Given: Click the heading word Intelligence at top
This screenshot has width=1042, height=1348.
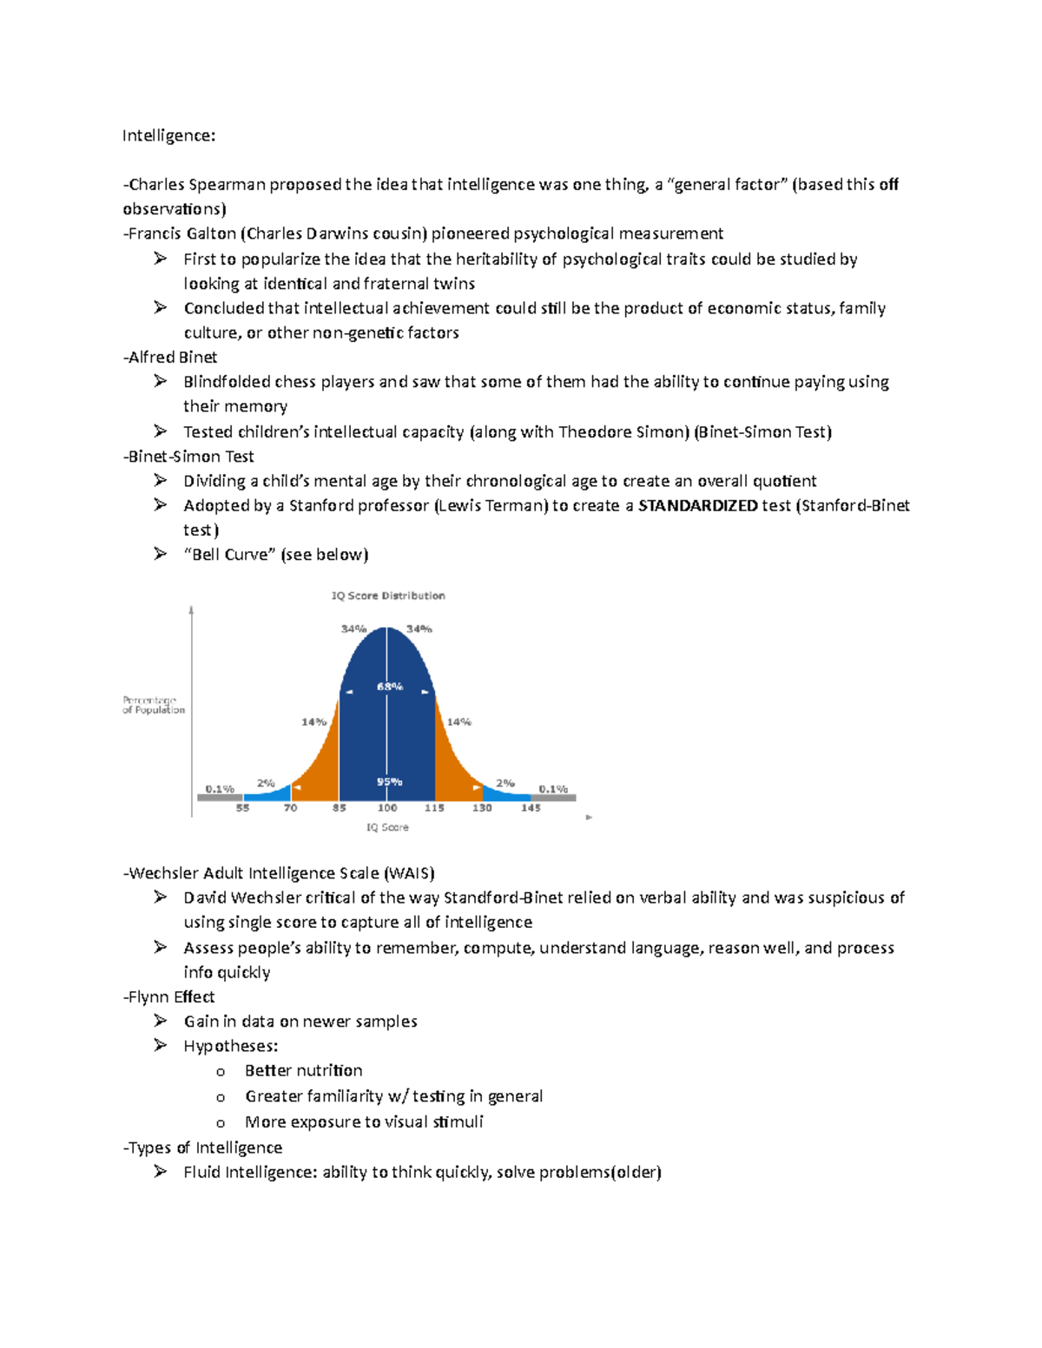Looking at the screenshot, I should pyautogui.click(x=167, y=135).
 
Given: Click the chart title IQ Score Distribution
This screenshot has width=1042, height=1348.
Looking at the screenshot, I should pyautogui.click(x=388, y=595).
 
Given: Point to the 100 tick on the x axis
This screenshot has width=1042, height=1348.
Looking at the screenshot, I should pyautogui.click(x=387, y=807).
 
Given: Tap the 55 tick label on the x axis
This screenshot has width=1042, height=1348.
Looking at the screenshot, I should pyautogui.click(x=242, y=807).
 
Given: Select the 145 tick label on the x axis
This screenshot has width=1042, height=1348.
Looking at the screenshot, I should pyautogui.click(x=531, y=807).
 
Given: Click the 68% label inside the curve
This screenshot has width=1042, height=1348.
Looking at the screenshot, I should pyautogui.click(x=389, y=686).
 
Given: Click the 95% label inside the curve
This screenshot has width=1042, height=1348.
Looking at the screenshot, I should pyautogui.click(x=389, y=781).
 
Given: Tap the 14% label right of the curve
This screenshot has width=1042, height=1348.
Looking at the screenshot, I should pyautogui.click(x=458, y=721).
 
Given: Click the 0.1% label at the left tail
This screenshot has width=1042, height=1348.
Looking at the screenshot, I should pyautogui.click(x=220, y=789).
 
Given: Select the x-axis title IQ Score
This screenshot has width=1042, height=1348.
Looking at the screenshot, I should pyautogui.click(x=387, y=827).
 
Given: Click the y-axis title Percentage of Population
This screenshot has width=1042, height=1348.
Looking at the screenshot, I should pyautogui.click(x=154, y=705).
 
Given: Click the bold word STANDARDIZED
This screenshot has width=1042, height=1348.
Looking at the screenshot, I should pyautogui.click(x=697, y=505).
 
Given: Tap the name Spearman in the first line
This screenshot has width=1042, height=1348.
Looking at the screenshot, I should pyautogui.click(x=227, y=184).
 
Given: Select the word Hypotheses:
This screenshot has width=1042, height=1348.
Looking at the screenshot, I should pyautogui.click(x=230, y=1046).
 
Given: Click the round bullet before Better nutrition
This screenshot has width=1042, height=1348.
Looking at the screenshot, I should pyautogui.click(x=221, y=1072).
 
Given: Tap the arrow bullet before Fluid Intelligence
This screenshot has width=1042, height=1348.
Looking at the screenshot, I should pyautogui.click(x=160, y=1172).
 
